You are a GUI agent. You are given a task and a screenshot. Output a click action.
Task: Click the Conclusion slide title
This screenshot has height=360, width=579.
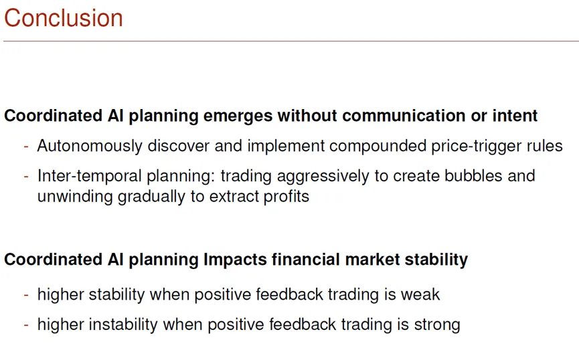point(64,17)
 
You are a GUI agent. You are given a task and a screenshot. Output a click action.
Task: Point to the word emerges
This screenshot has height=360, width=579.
point(238,116)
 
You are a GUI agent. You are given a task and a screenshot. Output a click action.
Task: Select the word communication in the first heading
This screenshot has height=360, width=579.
point(404,116)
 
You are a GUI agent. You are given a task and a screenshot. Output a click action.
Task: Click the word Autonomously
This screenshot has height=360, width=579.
point(90,147)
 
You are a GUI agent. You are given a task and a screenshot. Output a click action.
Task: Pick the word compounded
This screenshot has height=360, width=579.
point(378,147)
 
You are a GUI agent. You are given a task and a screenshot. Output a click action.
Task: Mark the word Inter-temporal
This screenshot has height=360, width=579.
point(89,176)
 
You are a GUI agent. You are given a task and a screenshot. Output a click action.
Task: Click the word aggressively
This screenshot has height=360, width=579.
point(323,177)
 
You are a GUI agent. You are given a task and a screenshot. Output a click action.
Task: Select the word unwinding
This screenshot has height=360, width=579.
point(75,197)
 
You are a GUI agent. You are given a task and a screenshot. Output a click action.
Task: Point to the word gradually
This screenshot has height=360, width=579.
point(151,197)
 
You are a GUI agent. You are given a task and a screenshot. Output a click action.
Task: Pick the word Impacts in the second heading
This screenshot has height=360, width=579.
point(235,260)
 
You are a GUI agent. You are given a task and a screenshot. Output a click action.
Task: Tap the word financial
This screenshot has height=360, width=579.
point(306,259)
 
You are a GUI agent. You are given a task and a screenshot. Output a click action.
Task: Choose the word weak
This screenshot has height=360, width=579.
point(420,294)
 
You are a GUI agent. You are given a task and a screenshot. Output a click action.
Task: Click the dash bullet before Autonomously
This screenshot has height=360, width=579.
point(26,147)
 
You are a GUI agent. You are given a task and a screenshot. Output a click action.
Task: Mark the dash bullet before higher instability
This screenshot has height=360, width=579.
point(26,325)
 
